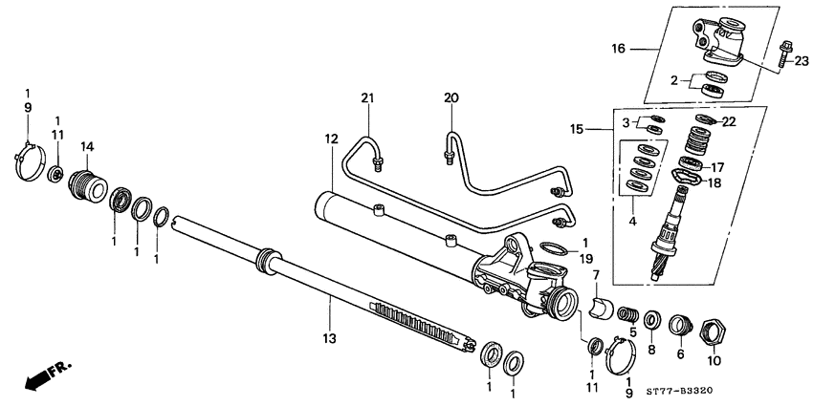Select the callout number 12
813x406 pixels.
331,139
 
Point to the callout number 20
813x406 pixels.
451,97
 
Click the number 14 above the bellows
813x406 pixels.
87,146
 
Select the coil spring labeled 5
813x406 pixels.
627,313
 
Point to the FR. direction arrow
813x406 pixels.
38,379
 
